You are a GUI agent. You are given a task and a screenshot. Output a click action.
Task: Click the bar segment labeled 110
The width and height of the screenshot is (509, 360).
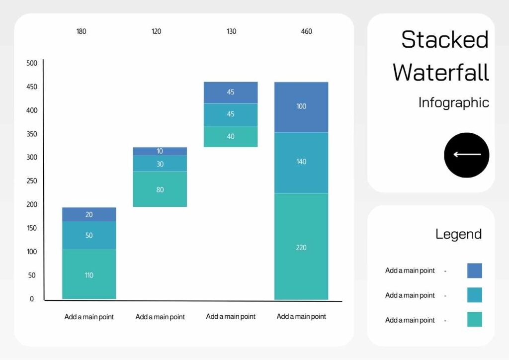[89, 274]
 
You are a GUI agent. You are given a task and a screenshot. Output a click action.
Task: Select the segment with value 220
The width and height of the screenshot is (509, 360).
[301, 247]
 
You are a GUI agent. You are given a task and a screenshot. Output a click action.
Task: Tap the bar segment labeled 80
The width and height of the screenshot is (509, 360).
[160, 189]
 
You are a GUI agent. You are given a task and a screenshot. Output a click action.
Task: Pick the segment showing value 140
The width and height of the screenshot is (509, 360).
[301, 162]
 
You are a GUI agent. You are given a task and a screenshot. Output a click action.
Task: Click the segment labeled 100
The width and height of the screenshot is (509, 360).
[301, 106]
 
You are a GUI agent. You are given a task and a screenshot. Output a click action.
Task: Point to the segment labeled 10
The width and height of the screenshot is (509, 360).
[160, 151]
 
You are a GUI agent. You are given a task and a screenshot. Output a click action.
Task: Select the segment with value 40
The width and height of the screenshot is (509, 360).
[231, 136]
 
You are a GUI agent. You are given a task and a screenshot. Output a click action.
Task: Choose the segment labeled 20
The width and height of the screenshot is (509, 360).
[89, 214]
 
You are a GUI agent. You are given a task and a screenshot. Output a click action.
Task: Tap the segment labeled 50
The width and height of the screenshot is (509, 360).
[89, 235]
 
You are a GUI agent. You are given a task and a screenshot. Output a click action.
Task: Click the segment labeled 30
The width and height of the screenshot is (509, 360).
[160, 164]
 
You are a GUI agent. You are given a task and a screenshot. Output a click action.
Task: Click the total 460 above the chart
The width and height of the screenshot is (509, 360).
[307, 31]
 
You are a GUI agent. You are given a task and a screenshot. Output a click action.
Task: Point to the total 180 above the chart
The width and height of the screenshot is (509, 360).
[81, 31]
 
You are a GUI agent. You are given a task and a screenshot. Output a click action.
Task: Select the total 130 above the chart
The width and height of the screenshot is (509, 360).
[232, 31]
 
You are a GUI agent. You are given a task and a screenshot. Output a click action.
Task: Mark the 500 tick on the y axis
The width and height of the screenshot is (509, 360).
[32, 63]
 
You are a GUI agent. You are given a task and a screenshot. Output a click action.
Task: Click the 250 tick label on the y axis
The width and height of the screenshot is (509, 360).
[32, 181]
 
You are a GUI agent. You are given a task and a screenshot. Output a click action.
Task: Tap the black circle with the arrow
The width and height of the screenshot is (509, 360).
[466, 155]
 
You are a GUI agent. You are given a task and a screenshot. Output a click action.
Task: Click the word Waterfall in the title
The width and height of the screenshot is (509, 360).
[441, 73]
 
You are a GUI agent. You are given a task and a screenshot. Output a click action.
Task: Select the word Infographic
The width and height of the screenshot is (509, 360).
[453, 102]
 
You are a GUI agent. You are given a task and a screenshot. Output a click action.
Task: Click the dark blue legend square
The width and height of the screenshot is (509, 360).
[474, 270]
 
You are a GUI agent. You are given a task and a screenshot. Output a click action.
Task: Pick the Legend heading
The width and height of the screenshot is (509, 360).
[458, 234]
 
